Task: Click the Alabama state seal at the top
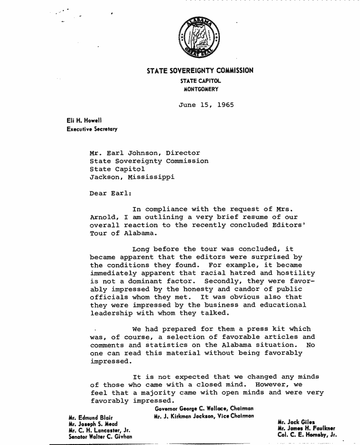[200, 38]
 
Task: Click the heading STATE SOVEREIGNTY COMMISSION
[200, 71]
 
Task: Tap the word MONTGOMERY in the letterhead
[200, 89]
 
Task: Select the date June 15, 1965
[206, 105]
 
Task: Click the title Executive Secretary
[92, 129]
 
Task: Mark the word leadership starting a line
[111, 313]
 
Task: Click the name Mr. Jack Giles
[296, 421]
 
